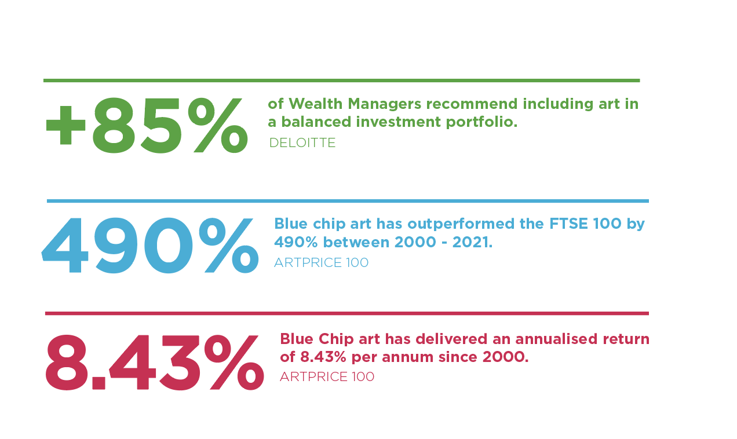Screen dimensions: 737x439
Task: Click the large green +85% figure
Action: click(147, 125)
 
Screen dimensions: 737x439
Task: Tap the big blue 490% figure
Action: click(150, 246)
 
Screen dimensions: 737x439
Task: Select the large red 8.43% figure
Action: click(155, 363)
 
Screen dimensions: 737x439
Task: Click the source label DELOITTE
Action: click(302, 142)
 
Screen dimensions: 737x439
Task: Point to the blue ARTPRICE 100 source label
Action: click(321, 262)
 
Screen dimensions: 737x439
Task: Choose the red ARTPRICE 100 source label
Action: click(327, 376)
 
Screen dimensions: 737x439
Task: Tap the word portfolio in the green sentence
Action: click(481, 122)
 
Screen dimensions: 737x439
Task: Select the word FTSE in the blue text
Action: click(568, 224)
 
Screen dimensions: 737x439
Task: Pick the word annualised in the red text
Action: click(556, 339)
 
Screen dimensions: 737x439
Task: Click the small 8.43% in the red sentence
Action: click(323, 357)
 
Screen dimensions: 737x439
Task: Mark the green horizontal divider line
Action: click(341, 81)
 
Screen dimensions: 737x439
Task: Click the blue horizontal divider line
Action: click(348, 201)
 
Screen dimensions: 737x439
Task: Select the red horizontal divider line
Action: click(347, 313)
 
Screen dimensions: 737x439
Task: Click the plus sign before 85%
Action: click(65, 125)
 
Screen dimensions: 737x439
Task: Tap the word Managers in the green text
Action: click(384, 104)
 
